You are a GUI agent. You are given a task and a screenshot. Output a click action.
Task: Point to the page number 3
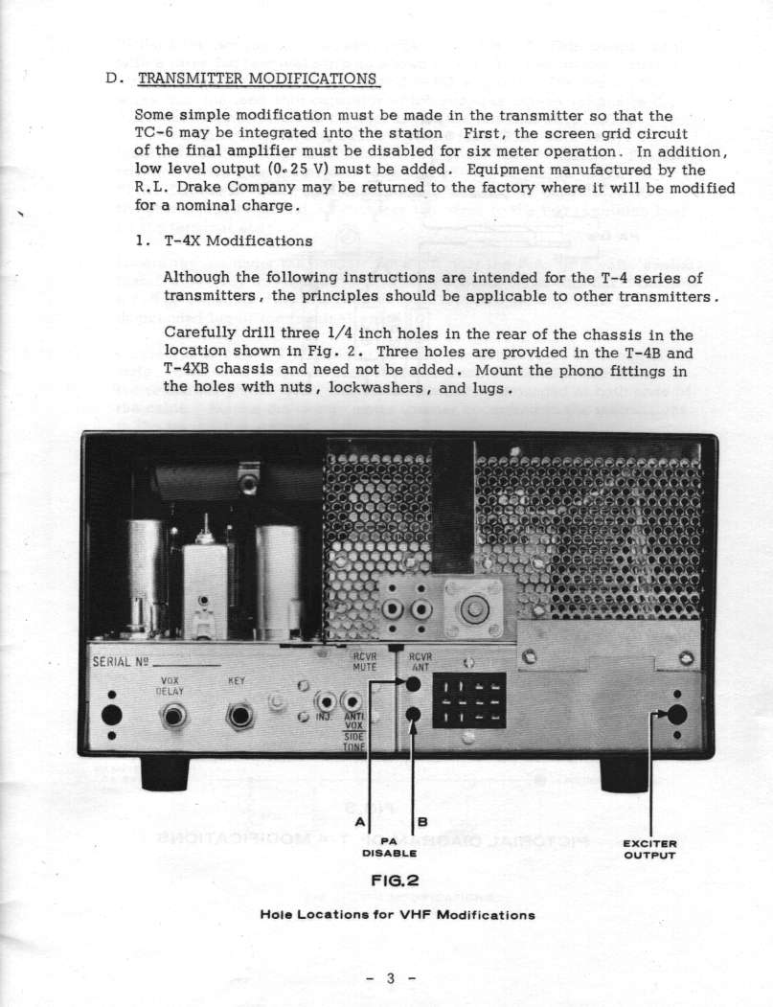click(390, 978)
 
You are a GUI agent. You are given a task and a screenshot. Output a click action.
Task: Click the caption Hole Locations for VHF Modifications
click(397, 914)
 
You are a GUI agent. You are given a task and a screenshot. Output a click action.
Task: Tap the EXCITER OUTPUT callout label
click(650, 849)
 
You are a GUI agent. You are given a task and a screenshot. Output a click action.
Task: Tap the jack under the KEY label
click(239, 716)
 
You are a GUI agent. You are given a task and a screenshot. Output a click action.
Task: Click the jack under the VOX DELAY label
click(174, 716)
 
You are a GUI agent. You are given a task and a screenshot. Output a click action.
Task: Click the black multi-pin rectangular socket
click(469, 699)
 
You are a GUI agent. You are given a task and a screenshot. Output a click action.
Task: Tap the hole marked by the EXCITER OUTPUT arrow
click(677, 714)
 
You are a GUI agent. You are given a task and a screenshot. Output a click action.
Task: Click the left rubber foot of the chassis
click(165, 772)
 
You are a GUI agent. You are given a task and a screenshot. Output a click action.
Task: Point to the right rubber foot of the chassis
click(625, 773)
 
